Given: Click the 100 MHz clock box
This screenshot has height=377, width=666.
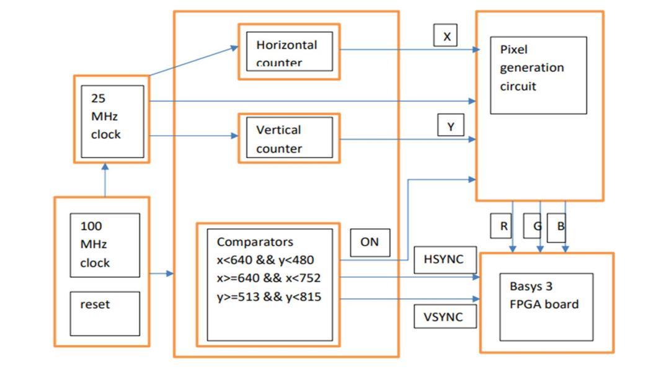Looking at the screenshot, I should coord(105,245).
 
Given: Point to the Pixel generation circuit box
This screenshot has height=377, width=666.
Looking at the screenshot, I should coord(538,75).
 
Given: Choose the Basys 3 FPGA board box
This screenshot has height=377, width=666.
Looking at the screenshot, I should coord(546,306).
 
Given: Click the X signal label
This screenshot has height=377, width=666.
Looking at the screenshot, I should coord(446,36).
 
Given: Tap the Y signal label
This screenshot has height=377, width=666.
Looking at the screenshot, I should coord(451,126).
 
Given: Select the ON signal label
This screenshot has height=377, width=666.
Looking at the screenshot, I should coord(370,242).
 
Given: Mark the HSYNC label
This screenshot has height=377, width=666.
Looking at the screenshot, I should coord(443,259).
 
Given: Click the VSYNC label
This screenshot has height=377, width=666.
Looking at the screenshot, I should coord(443,317).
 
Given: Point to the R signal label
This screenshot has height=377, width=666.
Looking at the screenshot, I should coord(503,226).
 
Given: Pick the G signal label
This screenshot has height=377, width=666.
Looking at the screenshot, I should coord(535,226).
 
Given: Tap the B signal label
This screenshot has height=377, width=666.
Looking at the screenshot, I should coord(559,226).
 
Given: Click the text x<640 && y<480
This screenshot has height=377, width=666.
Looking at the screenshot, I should coord(269,260).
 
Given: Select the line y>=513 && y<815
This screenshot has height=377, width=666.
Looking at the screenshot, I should coord(269,297).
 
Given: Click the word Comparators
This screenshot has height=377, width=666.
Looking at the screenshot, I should coord(255,241).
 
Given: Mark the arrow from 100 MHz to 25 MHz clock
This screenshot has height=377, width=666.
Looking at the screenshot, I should coord(105,180).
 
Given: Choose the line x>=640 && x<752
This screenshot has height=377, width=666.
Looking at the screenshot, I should coord(269,278).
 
